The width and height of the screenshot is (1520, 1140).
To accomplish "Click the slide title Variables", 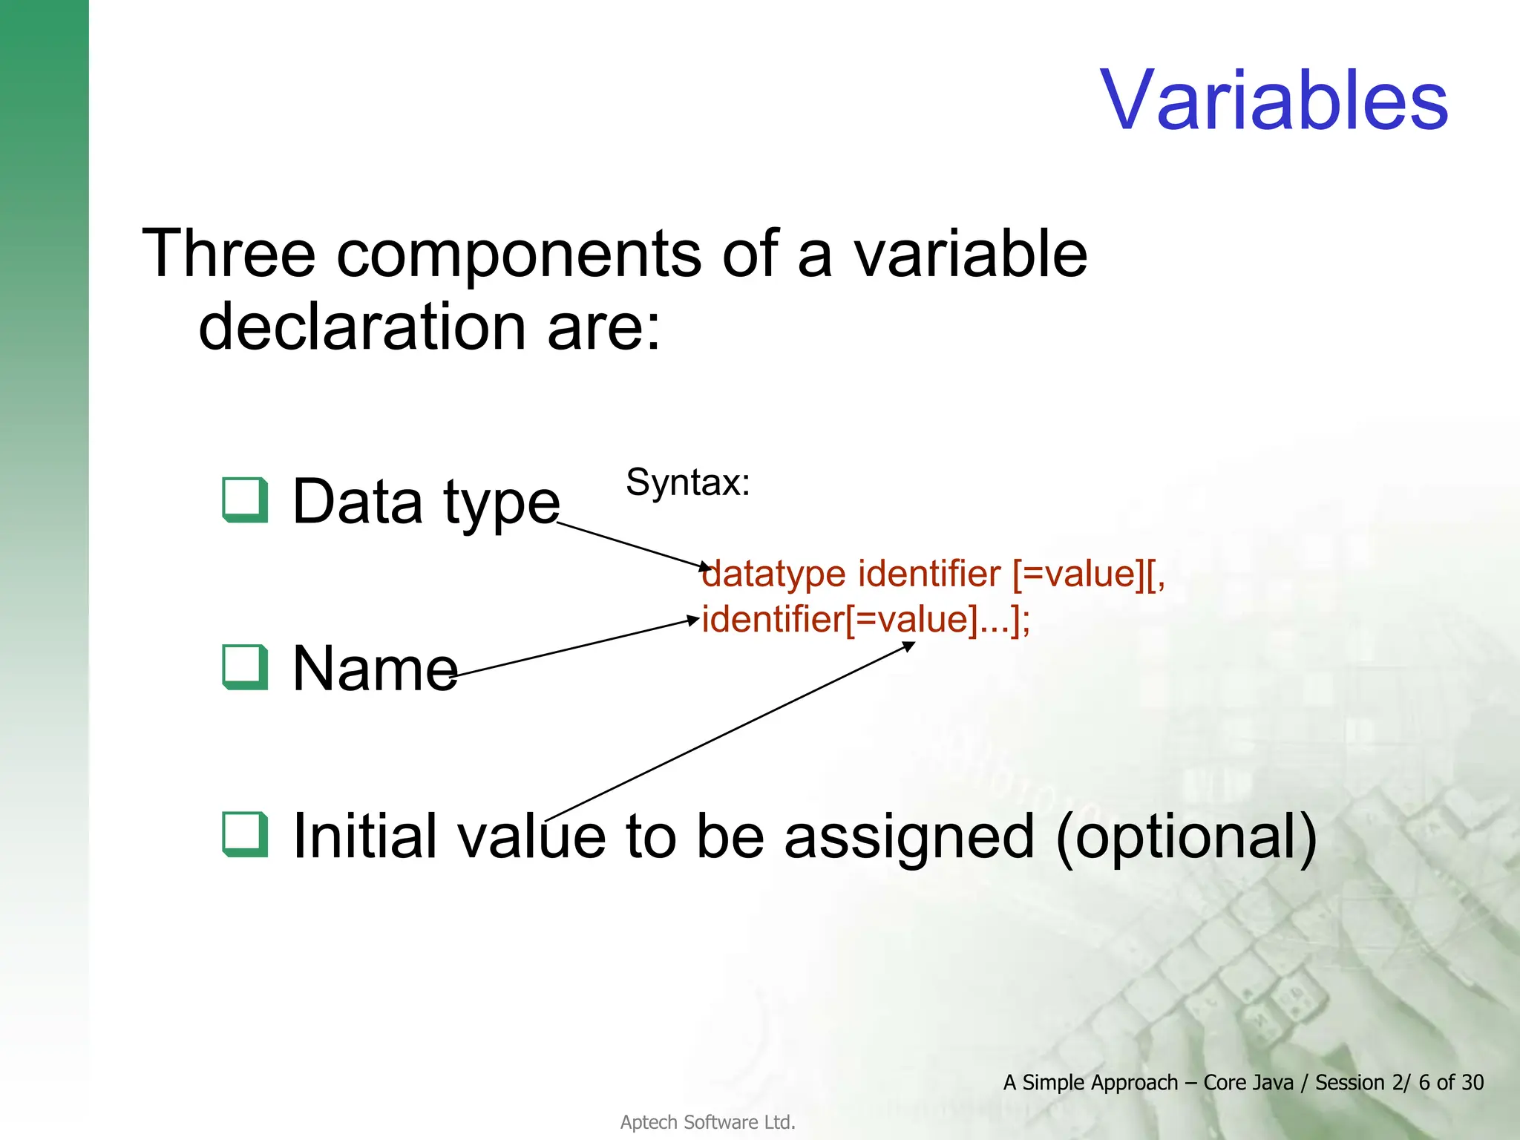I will (x=1274, y=100).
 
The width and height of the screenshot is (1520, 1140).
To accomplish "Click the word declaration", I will (x=362, y=327).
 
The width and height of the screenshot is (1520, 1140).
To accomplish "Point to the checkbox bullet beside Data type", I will (x=245, y=500).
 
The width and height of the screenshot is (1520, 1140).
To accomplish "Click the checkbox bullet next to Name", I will (x=245, y=667).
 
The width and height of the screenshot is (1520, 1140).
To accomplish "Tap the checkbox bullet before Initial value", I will (x=245, y=834).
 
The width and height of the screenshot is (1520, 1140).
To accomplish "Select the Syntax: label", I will (x=687, y=482).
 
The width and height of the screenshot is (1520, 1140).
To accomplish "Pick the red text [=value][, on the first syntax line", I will (x=1088, y=574).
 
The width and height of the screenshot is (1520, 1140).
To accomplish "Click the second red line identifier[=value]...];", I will (x=865, y=619).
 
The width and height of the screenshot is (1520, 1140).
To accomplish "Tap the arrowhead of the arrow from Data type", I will (x=707, y=569).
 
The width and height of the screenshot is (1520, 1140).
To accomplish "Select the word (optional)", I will (x=1185, y=837).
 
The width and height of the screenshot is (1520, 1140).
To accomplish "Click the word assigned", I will (x=908, y=837).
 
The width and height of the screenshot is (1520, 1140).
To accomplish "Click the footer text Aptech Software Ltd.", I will (x=707, y=1122).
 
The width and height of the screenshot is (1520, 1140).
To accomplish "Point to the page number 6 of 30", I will (x=1450, y=1083).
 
